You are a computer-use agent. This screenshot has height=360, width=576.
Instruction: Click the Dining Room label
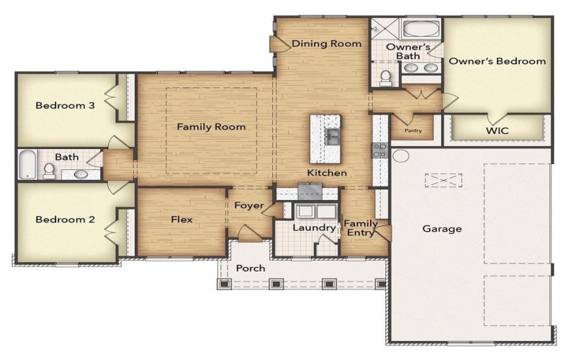click(326, 44)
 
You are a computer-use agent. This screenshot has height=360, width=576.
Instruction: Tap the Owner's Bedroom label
click(497, 61)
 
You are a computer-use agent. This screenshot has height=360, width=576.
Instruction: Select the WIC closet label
click(498, 132)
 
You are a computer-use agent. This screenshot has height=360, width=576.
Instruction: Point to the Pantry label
click(413, 131)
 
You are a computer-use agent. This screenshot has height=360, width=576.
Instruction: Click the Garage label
click(442, 229)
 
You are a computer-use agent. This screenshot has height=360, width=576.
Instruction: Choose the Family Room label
click(211, 127)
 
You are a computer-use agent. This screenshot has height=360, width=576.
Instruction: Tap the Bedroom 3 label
click(66, 105)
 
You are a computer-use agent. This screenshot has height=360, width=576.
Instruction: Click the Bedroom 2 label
click(66, 220)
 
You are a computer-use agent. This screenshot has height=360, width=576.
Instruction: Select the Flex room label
click(181, 220)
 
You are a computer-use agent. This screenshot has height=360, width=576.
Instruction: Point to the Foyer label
click(248, 205)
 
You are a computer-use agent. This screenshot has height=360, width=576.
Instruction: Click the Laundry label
click(313, 228)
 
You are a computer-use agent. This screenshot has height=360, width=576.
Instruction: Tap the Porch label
click(251, 268)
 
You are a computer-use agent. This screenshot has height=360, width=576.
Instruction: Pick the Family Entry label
click(360, 228)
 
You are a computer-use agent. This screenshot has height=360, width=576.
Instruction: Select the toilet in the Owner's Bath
click(386, 76)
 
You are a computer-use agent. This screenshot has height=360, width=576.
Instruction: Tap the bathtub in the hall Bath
click(27, 165)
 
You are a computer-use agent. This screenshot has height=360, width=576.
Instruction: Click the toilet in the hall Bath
click(49, 171)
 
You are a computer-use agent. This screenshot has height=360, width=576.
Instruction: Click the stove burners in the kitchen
click(379, 150)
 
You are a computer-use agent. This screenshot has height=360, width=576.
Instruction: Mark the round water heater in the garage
click(401, 156)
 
